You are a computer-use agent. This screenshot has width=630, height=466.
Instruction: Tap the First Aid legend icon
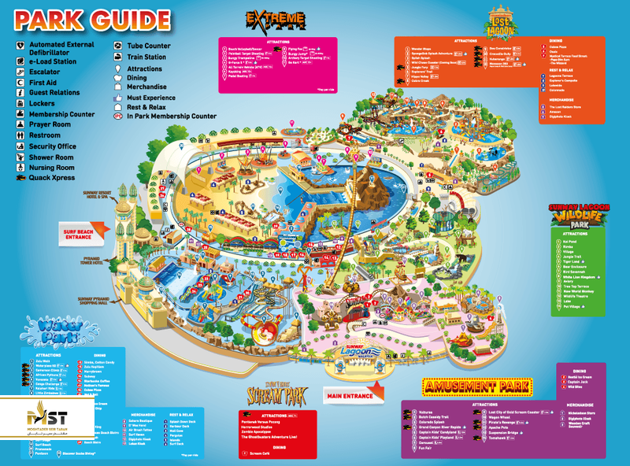click(20, 81)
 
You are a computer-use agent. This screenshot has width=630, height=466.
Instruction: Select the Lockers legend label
click(42, 103)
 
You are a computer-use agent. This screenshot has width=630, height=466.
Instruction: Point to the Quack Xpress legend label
click(52, 178)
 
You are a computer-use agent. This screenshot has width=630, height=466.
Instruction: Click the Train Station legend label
click(146, 57)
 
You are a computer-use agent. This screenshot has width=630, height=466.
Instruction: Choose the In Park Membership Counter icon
click(117, 116)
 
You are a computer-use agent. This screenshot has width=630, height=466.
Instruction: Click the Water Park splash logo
click(53, 326)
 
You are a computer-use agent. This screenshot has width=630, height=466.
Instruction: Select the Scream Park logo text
click(274, 390)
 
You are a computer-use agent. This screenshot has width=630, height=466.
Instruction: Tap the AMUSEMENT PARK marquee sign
click(477, 386)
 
